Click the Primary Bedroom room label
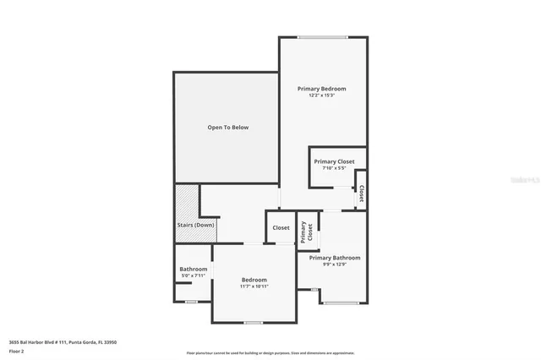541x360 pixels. pos(321,88)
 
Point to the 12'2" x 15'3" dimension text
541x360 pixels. pos(321,95)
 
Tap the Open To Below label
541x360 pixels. pos(228,128)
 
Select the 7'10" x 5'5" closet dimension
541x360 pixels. pos(334,168)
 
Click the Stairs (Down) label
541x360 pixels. pos(195,225)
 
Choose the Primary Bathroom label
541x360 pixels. pos(334,258)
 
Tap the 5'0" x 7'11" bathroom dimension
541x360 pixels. pos(193,275)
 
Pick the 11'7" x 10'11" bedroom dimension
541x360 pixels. pos(254,286)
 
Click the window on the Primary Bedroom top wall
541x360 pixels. pos(322,36)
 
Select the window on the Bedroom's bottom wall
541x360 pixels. pos(253,323)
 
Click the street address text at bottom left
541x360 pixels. pos(63,342)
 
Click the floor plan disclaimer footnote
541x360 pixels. pos(270,353)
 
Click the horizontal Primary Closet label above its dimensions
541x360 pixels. pos(334,161)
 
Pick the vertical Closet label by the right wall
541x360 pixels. pos(361,194)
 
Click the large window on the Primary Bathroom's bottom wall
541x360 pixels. pos(342,303)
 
